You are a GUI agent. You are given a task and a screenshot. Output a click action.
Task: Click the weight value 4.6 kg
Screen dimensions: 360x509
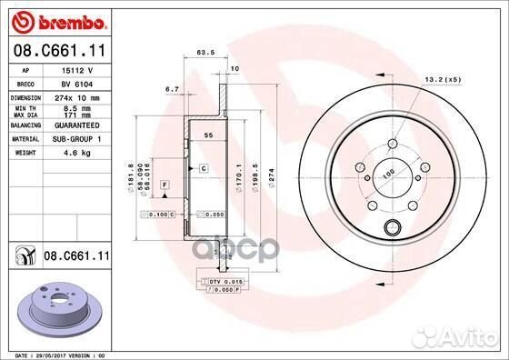coord(70,154)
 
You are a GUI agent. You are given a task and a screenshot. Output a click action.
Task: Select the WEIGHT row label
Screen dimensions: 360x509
coord(25,154)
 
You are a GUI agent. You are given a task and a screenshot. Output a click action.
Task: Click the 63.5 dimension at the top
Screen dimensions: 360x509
coord(205,53)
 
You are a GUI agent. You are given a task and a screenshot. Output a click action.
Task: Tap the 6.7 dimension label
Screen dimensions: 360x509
coord(171,89)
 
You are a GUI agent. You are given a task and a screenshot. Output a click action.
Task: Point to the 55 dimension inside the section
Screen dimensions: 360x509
coord(207,135)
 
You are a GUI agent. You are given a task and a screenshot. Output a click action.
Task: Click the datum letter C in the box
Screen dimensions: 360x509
coord(204,169)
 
